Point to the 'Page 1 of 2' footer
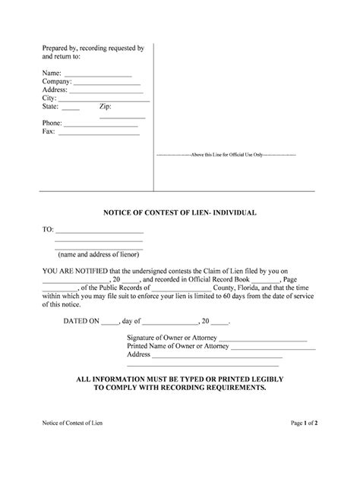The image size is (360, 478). click(x=303, y=442)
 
